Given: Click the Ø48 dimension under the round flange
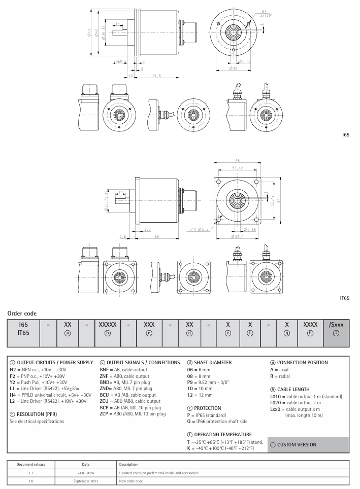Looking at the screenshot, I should click(x=233, y=68).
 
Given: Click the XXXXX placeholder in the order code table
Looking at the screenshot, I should click(x=106, y=324).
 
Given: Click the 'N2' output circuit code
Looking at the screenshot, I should click(x=14, y=370).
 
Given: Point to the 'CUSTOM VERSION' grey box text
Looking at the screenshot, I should click(x=298, y=444).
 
